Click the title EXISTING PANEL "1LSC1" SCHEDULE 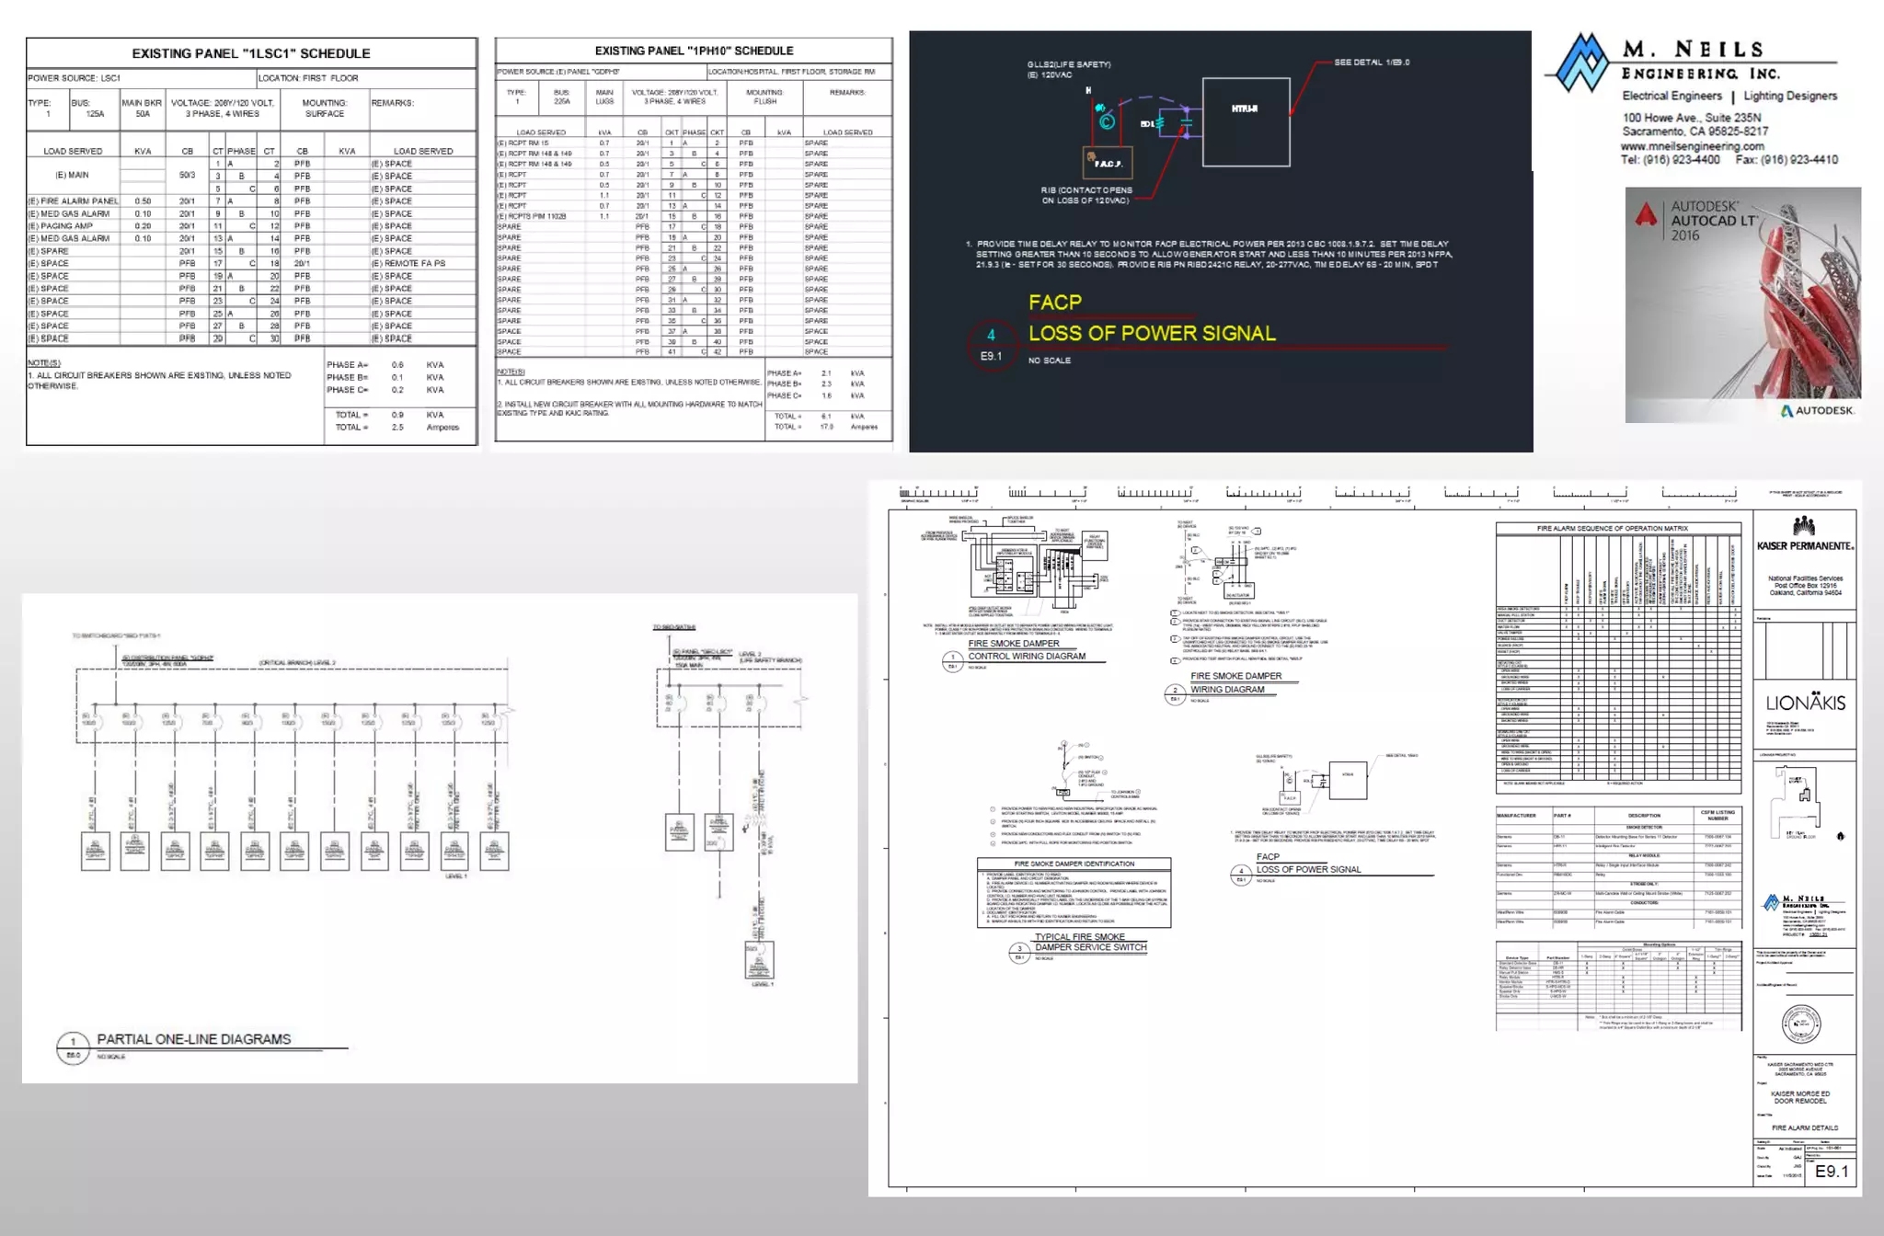click(250, 53)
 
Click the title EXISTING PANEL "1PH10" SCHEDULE click(694, 51)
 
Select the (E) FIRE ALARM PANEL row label click(73, 200)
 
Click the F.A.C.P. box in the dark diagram click(1108, 163)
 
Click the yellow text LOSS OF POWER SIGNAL click(1152, 333)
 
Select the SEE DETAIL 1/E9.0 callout click(1372, 63)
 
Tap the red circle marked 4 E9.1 click(991, 345)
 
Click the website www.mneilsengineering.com click(1692, 146)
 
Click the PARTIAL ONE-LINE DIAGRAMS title click(194, 1039)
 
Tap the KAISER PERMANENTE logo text click(1805, 546)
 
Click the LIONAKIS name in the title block click(1805, 704)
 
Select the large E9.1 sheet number click(1831, 1172)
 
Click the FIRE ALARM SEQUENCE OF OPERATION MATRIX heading click(1618, 529)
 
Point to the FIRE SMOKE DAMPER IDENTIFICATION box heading click(1074, 864)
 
